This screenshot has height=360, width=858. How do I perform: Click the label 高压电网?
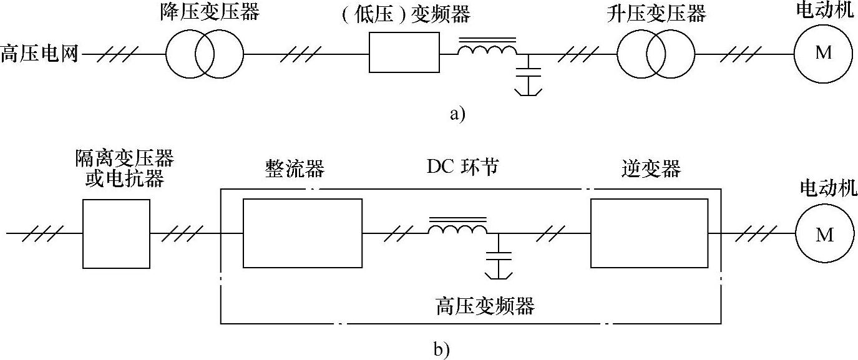click(x=40, y=54)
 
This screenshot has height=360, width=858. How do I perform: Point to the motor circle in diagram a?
click(x=824, y=53)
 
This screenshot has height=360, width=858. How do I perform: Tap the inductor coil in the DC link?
click(x=457, y=230)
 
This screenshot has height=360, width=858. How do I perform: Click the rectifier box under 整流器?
click(x=303, y=233)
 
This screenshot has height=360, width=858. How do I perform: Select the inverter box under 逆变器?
click(x=649, y=233)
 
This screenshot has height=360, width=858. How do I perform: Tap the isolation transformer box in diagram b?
click(x=116, y=233)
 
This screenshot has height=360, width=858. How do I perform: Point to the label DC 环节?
click(x=462, y=167)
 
